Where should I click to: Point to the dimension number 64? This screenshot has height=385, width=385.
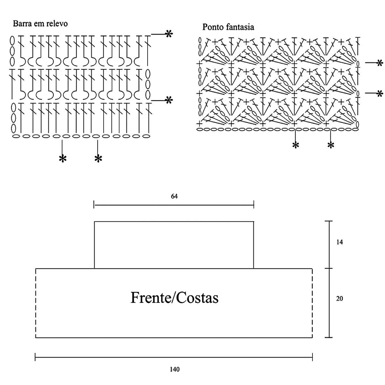[x=174, y=196]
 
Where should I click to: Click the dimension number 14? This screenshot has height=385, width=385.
[x=340, y=242]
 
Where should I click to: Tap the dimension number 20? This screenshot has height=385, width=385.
[x=339, y=299]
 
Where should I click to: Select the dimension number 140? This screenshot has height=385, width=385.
[x=175, y=369]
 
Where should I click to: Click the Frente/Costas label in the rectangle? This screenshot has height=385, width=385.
[x=175, y=298]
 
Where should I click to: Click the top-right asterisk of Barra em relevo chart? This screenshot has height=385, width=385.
[x=169, y=34]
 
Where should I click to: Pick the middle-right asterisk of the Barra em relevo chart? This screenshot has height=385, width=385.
[x=169, y=100]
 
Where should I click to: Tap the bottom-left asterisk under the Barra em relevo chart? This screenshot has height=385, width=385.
[x=63, y=158]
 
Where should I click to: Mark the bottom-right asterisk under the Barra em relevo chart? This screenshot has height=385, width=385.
[x=98, y=158]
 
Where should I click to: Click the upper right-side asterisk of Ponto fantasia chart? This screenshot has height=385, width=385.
[x=380, y=63]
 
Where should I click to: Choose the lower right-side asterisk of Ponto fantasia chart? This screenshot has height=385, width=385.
[x=380, y=94]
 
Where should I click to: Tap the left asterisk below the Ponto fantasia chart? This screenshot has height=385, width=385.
[x=295, y=145]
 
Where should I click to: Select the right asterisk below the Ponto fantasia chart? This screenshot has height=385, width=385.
[x=331, y=145]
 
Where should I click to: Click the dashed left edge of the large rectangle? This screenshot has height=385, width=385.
[x=36, y=303]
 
